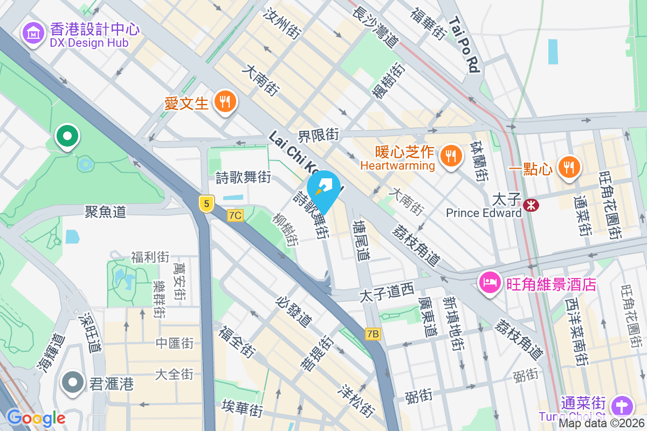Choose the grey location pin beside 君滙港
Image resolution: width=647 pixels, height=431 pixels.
tap(72, 383)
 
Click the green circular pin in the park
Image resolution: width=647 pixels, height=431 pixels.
tap(67, 136)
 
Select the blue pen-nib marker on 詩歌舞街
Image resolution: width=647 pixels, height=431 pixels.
tap(325, 188)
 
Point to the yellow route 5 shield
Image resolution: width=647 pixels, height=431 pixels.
tap(206, 203)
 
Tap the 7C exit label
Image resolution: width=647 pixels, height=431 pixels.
tap(235, 215)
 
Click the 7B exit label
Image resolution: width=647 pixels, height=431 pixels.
tap(373, 334)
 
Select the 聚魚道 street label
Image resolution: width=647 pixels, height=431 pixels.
tap(106, 211)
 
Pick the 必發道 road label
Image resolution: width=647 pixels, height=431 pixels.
tap(294, 311)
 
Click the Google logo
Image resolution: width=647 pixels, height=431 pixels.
tap(36, 418)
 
